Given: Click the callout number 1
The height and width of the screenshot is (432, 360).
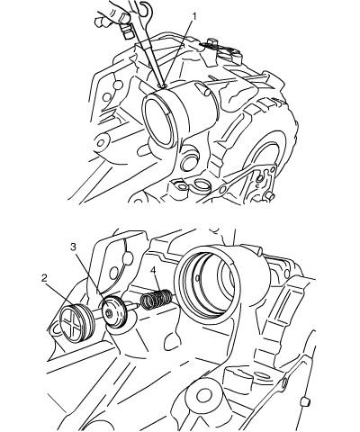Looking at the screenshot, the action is tap(194, 16).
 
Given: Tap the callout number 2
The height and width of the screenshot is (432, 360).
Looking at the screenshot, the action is tap(44, 278).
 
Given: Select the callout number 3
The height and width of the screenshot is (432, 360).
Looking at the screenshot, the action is tap(74, 247).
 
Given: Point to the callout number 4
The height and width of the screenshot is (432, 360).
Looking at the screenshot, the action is tap(153, 271).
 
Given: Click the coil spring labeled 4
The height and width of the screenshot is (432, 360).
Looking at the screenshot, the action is tap(157, 299).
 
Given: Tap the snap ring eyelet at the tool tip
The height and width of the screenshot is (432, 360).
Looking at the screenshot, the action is tap(164, 86).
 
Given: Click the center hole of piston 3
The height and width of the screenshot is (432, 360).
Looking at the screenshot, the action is tap(110, 314).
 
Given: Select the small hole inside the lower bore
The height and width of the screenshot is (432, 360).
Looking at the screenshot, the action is tap(197, 278).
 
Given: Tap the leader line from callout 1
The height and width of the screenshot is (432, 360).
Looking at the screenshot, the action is tap(178, 53).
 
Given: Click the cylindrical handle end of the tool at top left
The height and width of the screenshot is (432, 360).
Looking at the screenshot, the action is tap(126, 31).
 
